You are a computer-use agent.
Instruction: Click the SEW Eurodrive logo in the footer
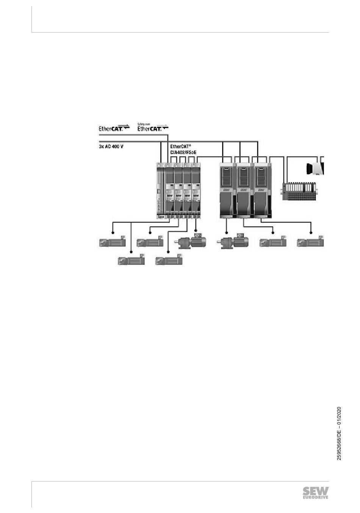(315, 492)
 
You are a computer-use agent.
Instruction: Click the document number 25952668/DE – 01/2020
(339, 434)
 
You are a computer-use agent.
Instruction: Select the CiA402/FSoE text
(183, 152)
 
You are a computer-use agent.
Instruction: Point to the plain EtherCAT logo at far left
(114, 128)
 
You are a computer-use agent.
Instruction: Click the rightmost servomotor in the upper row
(311, 242)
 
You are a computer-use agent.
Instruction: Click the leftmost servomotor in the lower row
(131, 260)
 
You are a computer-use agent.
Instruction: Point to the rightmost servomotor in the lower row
(169, 260)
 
